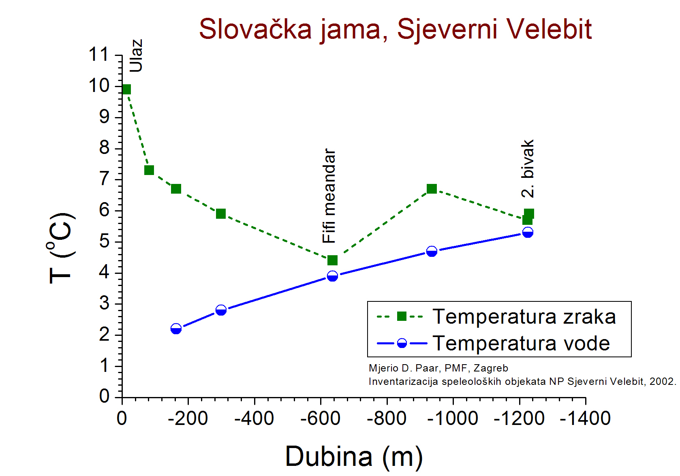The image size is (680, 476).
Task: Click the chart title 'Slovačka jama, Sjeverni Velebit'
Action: (x=395, y=30)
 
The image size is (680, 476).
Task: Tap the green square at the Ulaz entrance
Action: (x=126, y=90)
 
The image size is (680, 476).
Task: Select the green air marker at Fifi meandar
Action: (x=332, y=260)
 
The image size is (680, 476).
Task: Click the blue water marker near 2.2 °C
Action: (x=176, y=329)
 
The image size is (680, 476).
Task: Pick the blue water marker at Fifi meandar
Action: (x=332, y=276)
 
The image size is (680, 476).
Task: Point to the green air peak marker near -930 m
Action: (x=432, y=189)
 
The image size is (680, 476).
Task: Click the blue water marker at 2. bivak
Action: (x=528, y=233)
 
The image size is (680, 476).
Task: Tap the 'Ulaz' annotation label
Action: (x=136, y=55)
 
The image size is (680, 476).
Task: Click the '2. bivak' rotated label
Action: (x=528, y=169)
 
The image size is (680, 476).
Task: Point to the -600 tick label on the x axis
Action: (x=320, y=418)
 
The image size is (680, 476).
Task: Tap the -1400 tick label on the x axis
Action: (x=585, y=418)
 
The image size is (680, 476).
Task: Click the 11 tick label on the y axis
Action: (x=98, y=55)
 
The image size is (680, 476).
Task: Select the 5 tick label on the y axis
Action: (x=104, y=241)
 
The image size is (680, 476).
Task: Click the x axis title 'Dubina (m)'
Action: (x=354, y=457)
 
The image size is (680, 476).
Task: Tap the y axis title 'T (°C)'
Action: (x=61, y=248)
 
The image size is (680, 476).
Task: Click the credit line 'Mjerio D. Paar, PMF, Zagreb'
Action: (x=438, y=368)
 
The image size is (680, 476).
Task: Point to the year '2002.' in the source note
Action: (x=663, y=381)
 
